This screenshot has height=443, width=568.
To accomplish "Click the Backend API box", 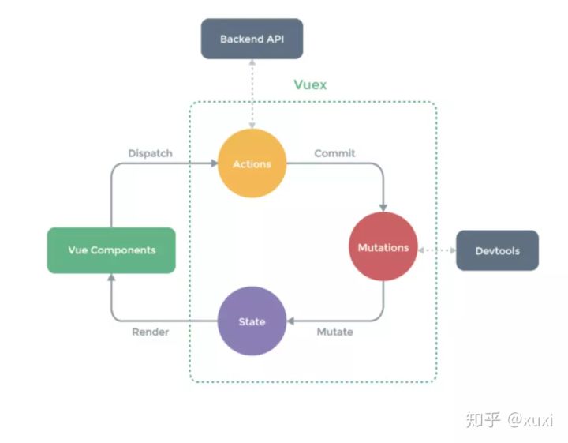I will point(252,39).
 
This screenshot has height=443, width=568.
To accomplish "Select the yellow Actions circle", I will point(252,164).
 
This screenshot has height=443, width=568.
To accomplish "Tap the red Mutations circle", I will point(383,248).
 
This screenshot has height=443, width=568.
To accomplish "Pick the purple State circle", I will point(252,321).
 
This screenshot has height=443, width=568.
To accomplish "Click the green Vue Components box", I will point(111,250).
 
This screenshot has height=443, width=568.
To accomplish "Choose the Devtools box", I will point(497,251).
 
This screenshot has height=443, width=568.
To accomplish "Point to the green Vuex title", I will point(310,84).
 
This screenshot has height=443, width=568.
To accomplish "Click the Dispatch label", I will point(150,153).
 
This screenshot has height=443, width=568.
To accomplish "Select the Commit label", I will point(334,153).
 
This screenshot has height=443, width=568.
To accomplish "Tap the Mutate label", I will point(334,332).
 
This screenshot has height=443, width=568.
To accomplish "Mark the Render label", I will point(150,332).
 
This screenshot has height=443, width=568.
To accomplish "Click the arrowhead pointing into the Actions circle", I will point(213,164).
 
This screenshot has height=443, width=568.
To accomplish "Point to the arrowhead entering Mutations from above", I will point(383,207).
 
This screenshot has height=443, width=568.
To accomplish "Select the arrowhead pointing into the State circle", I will point(291,321).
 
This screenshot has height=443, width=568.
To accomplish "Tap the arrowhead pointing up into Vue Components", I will point(111,279).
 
